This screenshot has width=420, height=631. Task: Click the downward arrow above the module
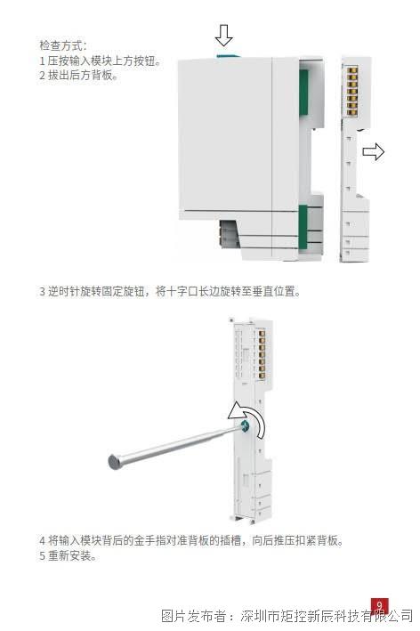click(223, 36)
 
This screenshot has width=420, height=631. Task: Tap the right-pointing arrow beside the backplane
click(374, 151)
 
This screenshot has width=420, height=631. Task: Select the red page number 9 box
click(379, 605)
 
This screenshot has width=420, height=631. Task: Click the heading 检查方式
click(63, 45)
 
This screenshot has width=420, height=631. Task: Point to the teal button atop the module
click(229, 57)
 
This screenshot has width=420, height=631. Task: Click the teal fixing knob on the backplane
click(245, 425)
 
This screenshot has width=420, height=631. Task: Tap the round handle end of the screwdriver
click(115, 462)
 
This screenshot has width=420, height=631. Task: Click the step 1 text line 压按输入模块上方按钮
click(101, 61)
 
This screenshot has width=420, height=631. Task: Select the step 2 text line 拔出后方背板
click(78, 76)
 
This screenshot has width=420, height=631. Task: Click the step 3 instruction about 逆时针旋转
click(170, 291)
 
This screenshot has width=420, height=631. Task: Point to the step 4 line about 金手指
click(191, 540)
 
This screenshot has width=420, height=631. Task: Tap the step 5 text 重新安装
click(68, 555)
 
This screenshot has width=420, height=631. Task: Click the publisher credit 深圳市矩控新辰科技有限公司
click(327, 616)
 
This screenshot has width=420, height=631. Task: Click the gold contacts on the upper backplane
click(352, 92)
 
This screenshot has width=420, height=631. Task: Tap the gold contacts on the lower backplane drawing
click(262, 354)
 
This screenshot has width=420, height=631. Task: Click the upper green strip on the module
click(303, 93)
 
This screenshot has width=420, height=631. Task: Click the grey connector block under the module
click(230, 233)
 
